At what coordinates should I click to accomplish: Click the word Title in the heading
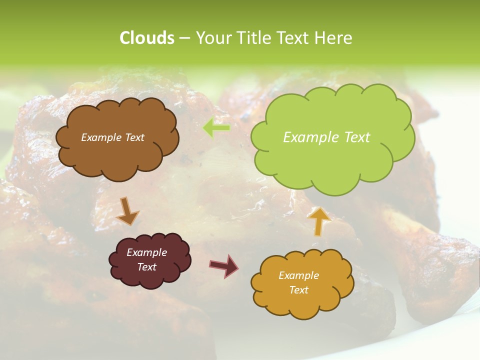[253, 38]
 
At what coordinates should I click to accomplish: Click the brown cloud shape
[117, 155]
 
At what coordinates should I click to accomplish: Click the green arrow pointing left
[216, 128]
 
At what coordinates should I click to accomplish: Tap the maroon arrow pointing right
[223, 265]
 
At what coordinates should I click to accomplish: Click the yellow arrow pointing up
[319, 220]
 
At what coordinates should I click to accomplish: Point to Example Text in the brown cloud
[112, 137]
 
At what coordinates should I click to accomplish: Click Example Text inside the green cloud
[326, 137]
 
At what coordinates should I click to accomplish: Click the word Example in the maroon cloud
[146, 252]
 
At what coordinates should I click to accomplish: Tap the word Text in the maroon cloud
[146, 267]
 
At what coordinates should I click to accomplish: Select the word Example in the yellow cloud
[298, 275]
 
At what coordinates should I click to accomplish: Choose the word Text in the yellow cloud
[298, 290]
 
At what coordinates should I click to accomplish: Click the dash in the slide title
[184, 38]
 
